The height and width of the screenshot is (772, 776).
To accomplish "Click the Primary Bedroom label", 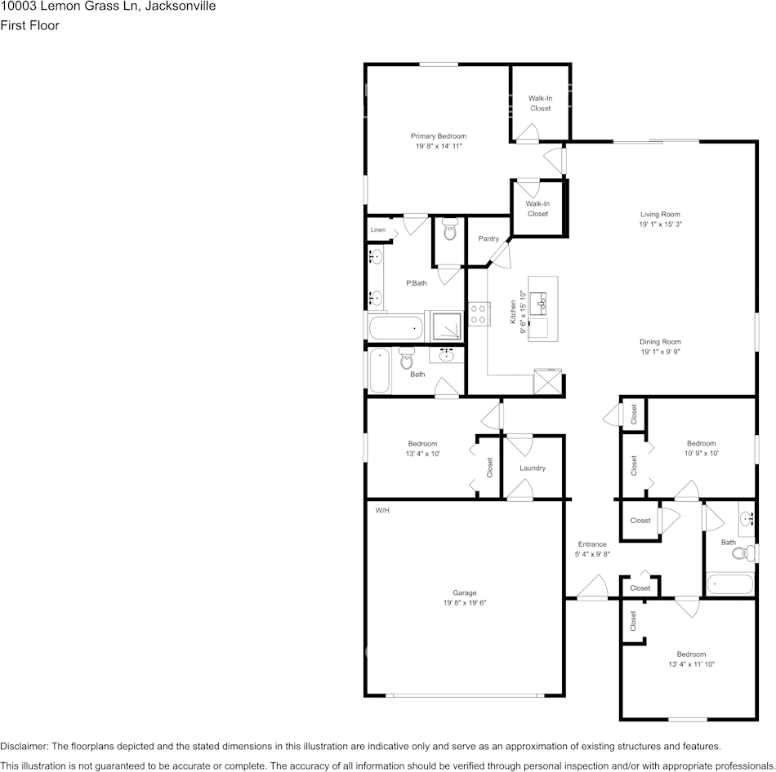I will [439, 136].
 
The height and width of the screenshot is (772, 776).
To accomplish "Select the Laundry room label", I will [532, 468].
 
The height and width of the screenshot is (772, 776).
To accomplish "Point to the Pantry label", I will [488, 238].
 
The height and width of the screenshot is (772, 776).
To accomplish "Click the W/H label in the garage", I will [382, 511].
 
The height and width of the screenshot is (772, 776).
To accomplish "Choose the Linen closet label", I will [377, 230].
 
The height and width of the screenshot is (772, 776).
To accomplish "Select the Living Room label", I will [660, 215].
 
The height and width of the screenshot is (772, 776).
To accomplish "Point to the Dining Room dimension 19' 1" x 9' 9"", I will [660, 352].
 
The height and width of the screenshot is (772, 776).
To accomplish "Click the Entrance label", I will [592, 544].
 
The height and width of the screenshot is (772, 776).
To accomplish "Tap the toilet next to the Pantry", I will [449, 231].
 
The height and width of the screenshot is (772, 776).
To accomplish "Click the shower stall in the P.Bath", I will [447, 326].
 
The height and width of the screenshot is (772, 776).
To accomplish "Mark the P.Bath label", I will [417, 283].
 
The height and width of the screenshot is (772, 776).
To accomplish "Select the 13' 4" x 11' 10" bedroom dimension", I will [690, 664].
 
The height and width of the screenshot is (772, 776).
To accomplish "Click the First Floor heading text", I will [29, 25].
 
